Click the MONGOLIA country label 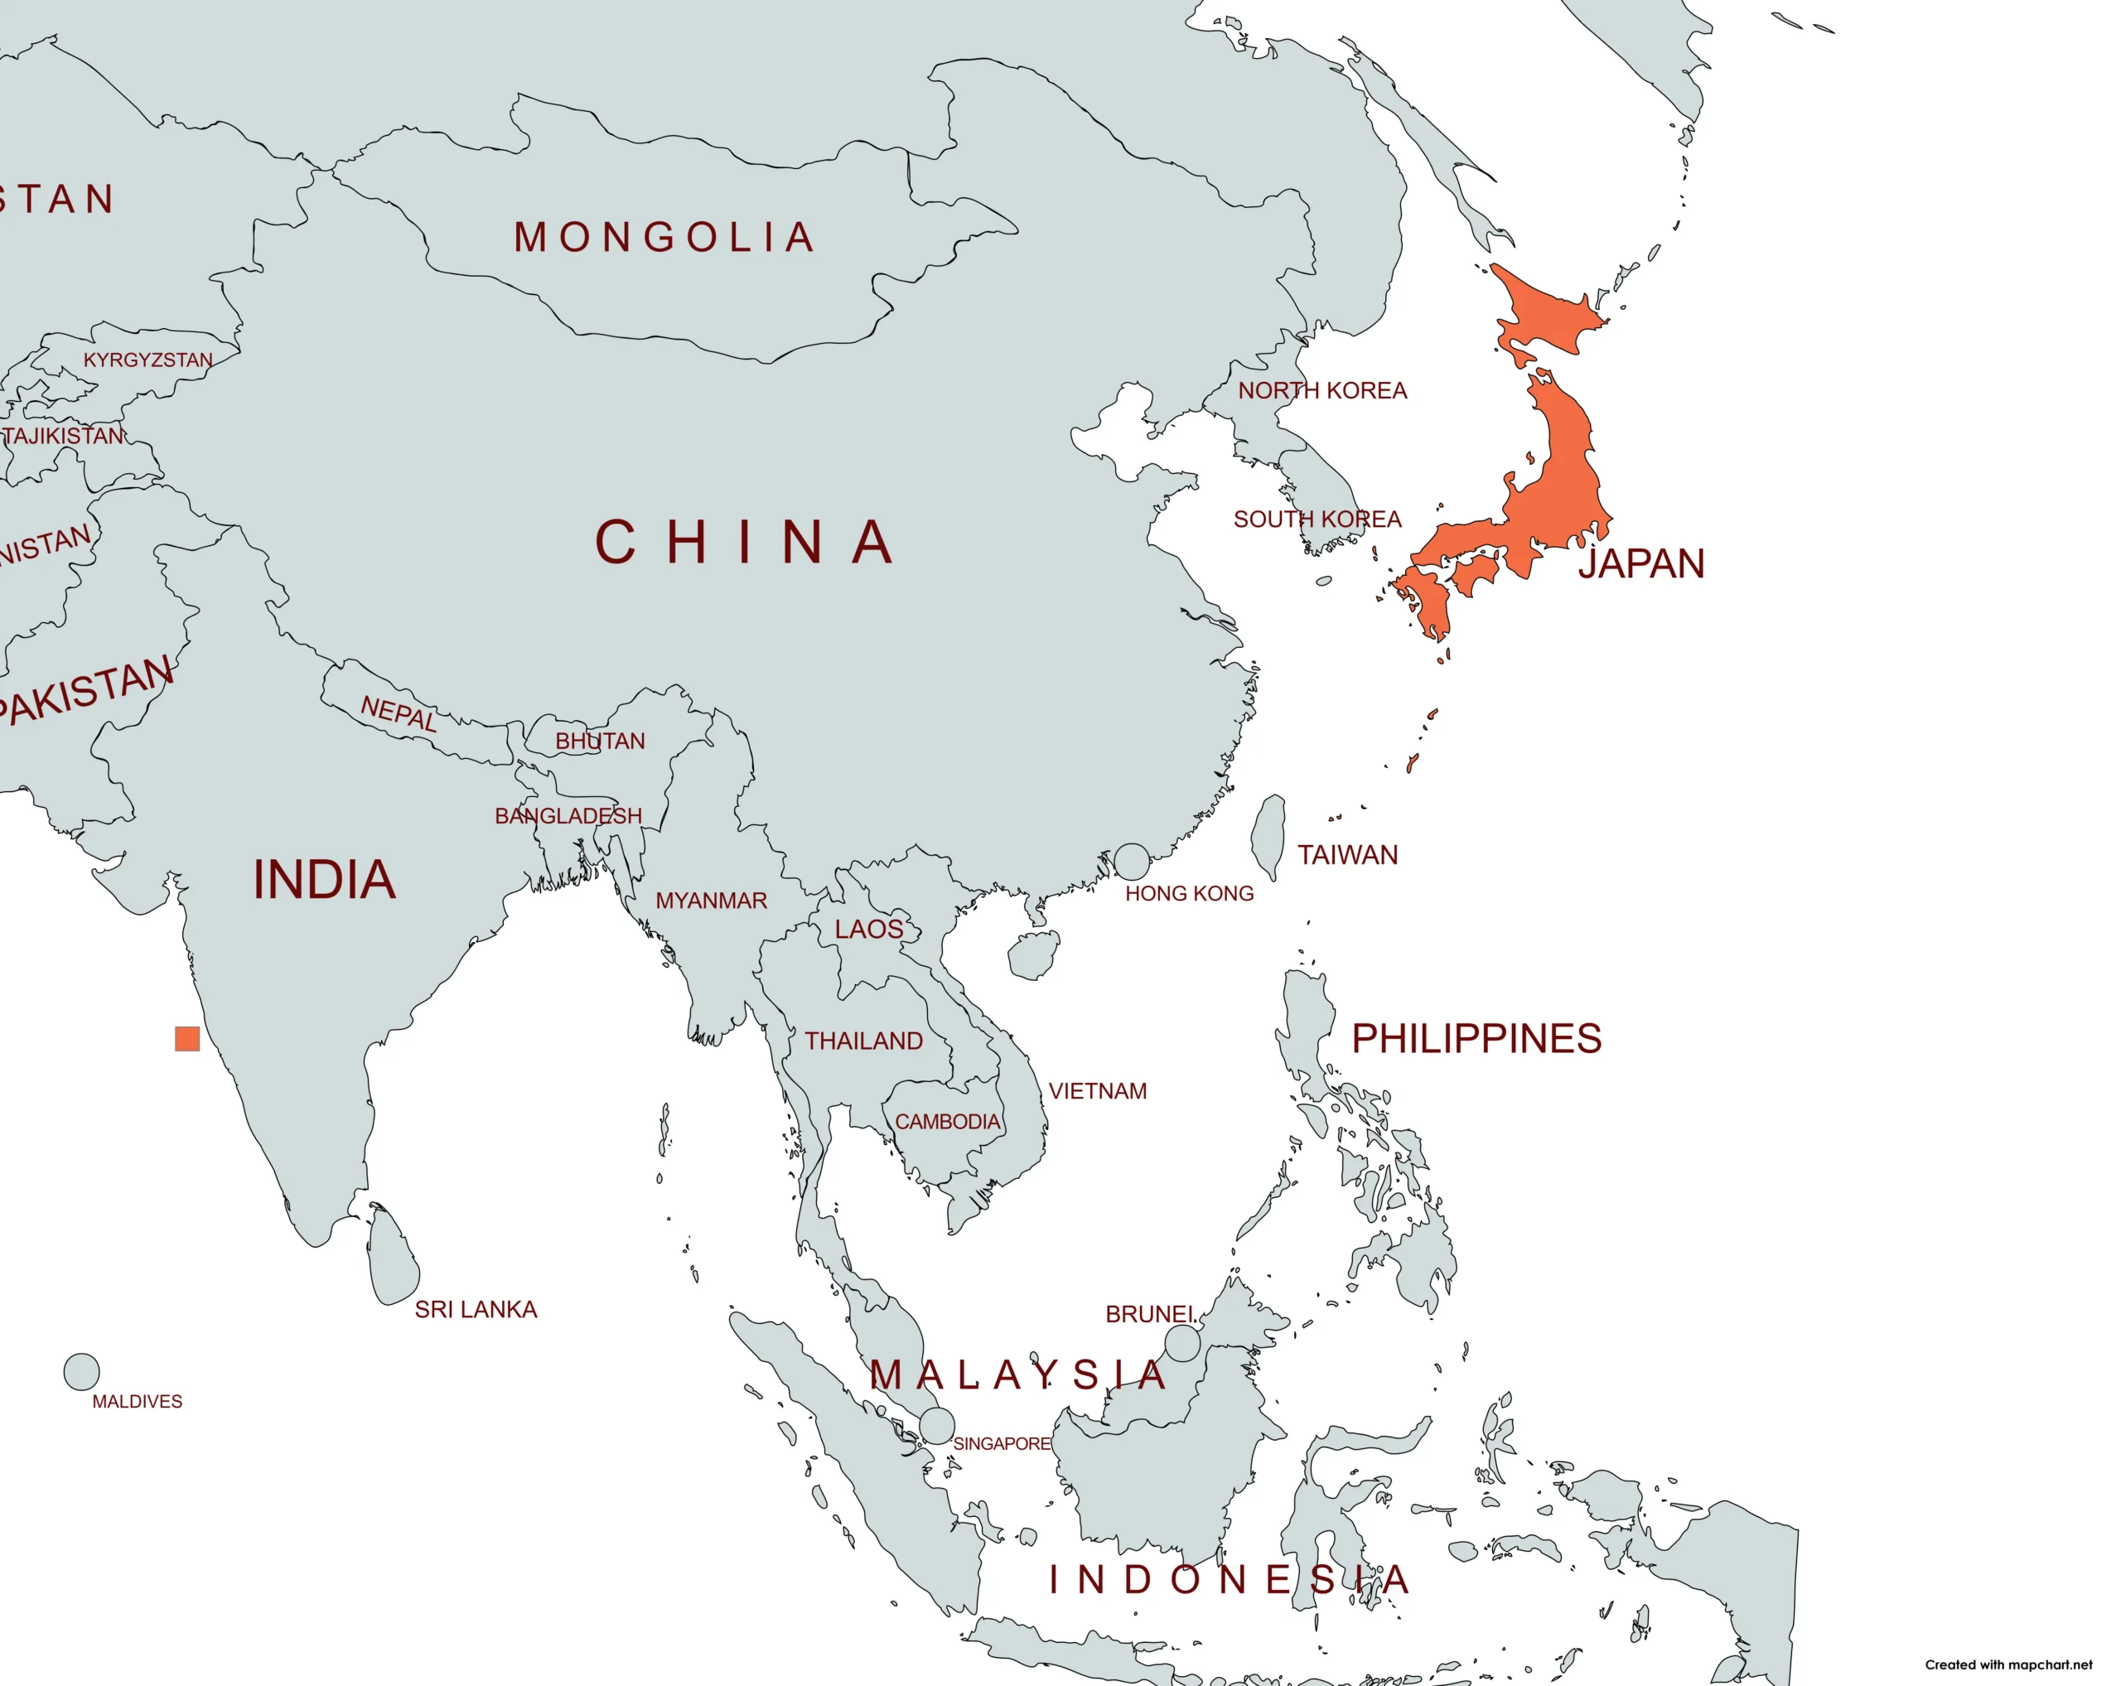point(665,238)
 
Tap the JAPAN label point(1641,563)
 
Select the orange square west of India point(187,1039)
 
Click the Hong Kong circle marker point(1131,861)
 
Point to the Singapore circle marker point(936,1425)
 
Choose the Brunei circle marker point(1182,1343)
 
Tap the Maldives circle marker point(82,1371)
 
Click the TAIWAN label point(1347,855)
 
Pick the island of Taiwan point(1269,836)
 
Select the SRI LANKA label point(476,1309)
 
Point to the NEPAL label point(399,713)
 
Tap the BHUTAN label point(600,741)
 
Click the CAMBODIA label point(946,1122)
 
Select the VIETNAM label point(1097,1091)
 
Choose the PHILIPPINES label point(1476,1039)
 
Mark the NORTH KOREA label point(1322,390)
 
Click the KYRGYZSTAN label point(147,360)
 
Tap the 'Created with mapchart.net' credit point(2007,1664)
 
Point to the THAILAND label point(864,1041)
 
